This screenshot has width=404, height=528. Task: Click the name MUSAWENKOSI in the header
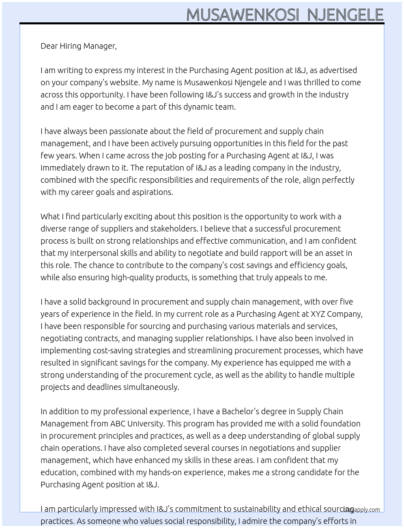pyautogui.click(x=243, y=15)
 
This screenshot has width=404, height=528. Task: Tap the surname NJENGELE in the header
pyautogui.click(x=345, y=15)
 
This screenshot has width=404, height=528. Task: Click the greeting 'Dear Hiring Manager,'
pyautogui.click(x=79, y=46)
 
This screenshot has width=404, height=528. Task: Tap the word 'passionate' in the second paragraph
pyautogui.click(x=129, y=131)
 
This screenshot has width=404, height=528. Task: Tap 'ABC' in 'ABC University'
pyautogui.click(x=118, y=424)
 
